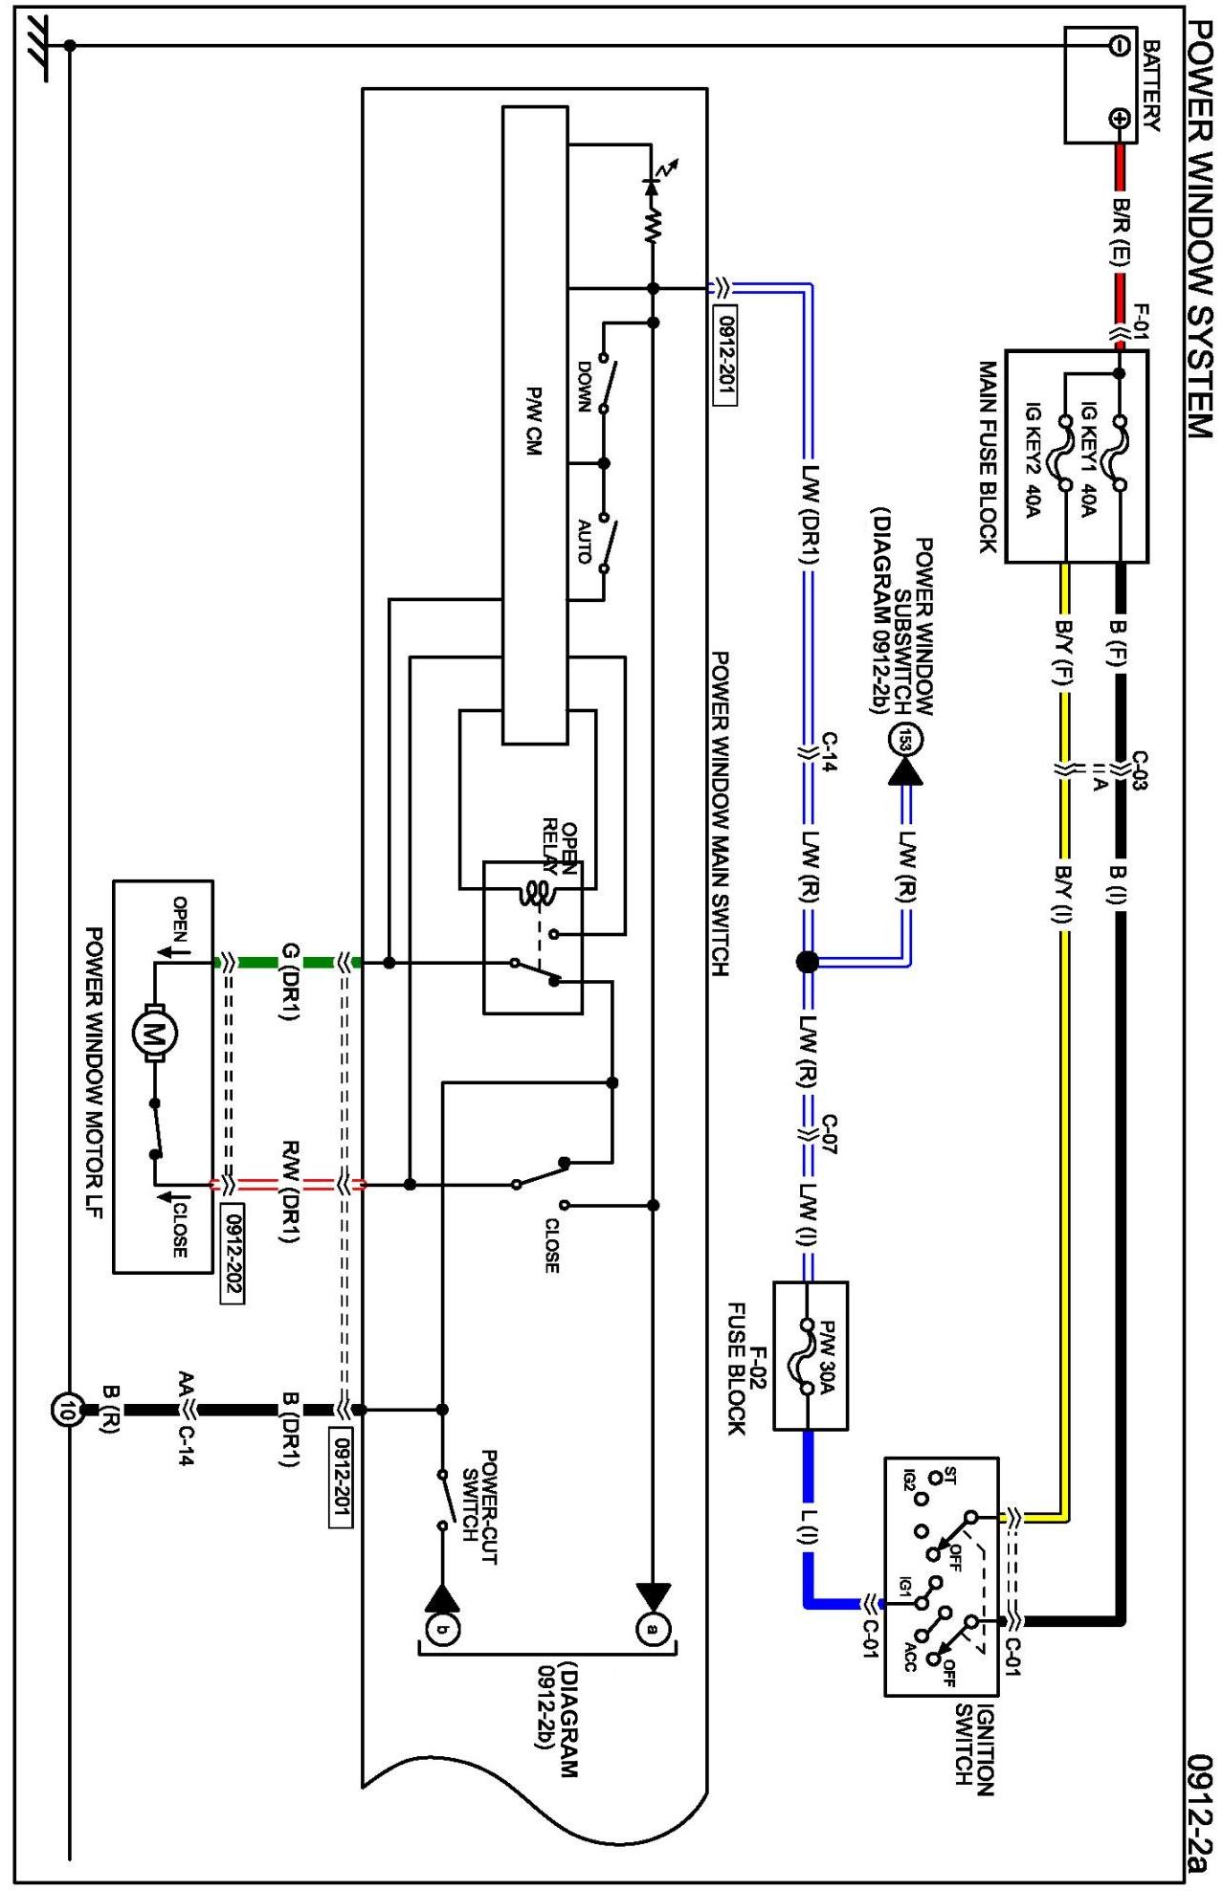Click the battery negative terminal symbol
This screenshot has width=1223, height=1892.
1118,45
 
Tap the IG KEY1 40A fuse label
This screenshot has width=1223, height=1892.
1088,457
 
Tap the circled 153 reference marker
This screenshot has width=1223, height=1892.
905,740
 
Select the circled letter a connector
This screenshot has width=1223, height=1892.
654,1628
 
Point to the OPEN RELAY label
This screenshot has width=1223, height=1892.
560,847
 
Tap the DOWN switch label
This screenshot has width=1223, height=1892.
583,386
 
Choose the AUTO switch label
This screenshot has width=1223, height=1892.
584,542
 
